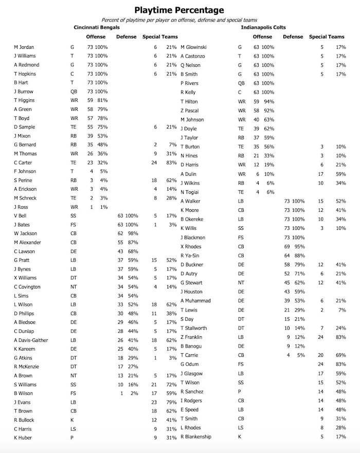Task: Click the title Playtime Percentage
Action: click(179, 10)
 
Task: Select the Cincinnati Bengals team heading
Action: click(97, 27)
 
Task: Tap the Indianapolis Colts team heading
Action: click(263, 27)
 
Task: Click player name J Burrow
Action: click(24, 92)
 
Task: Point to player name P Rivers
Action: click(189, 83)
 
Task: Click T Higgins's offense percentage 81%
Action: click(102, 100)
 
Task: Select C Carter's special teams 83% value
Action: click(171, 162)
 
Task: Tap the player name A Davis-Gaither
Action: click(31, 340)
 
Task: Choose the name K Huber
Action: click(23, 438)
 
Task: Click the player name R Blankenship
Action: click(195, 437)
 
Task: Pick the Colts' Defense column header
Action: click(293, 37)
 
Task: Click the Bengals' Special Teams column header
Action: click(160, 37)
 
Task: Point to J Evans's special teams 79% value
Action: click(171, 402)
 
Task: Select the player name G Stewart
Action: click(191, 283)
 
